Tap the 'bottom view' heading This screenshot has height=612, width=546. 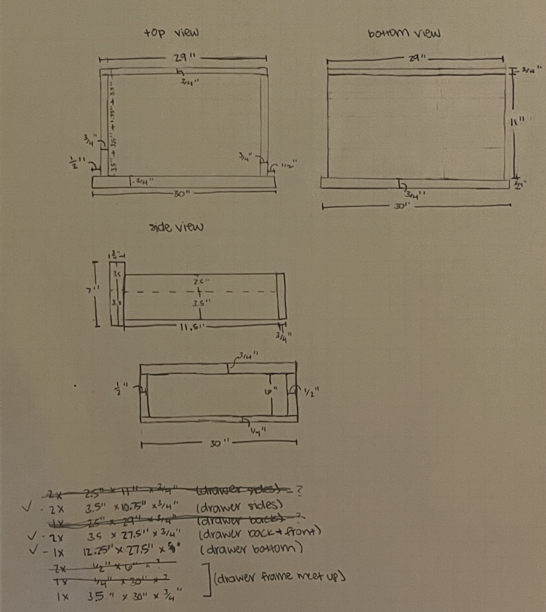[405, 33]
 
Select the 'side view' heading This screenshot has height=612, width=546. [177, 227]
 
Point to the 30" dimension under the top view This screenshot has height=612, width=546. [181, 193]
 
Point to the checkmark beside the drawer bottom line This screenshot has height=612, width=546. [31, 548]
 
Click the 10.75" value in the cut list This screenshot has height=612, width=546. [130, 507]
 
